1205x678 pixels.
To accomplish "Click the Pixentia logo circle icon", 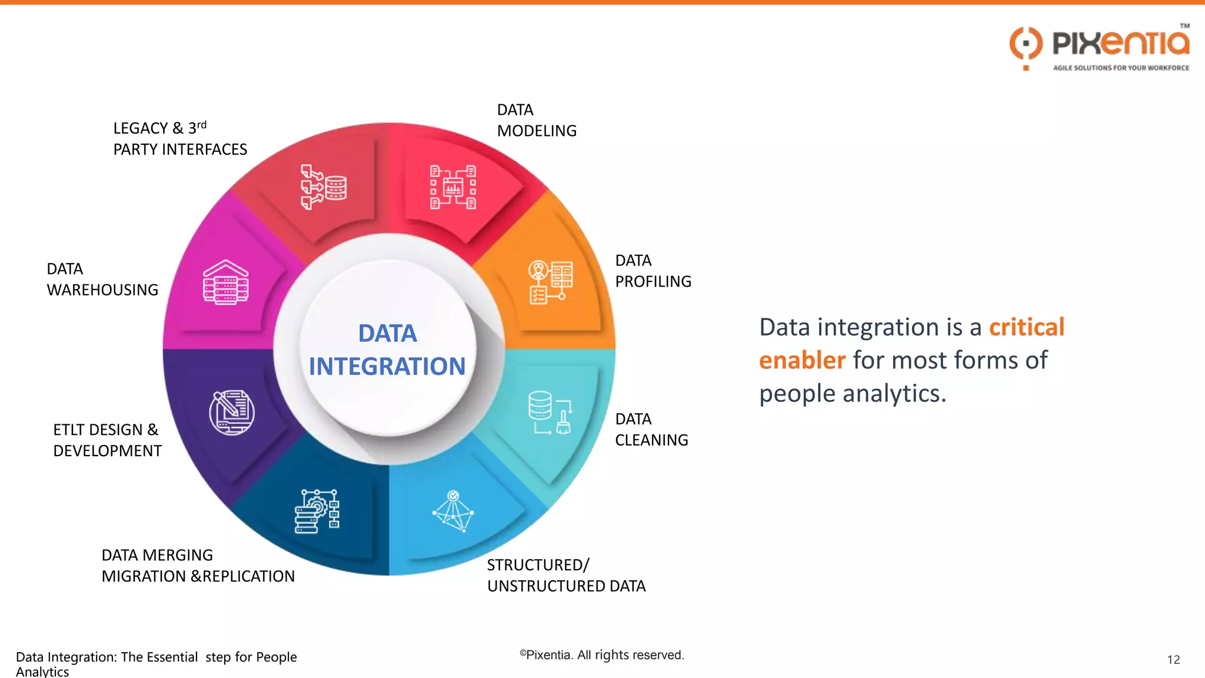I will [x=1026, y=45].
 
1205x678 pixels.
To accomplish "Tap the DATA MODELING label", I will [x=536, y=120].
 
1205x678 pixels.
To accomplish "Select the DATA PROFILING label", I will [x=653, y=271].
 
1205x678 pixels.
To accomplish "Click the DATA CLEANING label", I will [x=651, y=430].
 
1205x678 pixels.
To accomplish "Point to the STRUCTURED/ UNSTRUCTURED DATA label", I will [x=565, y=576].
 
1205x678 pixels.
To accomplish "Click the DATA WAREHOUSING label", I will [x=102, y=280].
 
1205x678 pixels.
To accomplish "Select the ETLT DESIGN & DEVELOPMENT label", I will [x=107, y=440].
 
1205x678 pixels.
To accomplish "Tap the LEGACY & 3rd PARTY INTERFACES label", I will [x=179, y=139].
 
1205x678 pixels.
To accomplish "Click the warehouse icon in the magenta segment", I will [x=226, y=282].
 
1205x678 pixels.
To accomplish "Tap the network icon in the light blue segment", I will [x=453, y=511].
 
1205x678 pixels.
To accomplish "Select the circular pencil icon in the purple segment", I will [x=232, y=413].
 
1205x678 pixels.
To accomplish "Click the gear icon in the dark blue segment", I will [x=317, y=511].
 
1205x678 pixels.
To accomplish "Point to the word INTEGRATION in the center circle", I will [x=387, y=366].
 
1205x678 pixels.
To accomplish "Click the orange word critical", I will [x=1026, y=327].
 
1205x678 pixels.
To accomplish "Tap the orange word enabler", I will [x=802, y=360].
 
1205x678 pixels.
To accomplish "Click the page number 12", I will [x=1173, y=660].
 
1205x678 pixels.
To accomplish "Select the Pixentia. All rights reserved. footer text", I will [x=601, y=655].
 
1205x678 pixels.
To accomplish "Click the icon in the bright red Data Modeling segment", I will [x=452, y=188].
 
